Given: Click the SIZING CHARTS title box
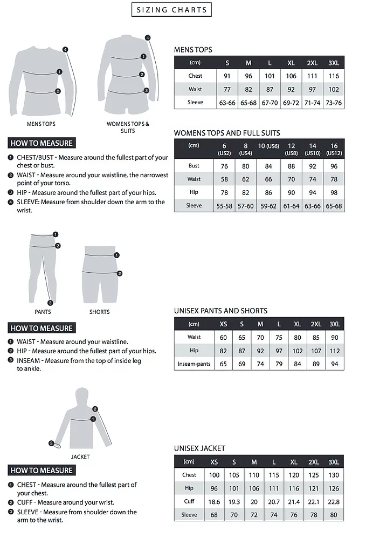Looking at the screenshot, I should pyautogui.click(x=171, y=10).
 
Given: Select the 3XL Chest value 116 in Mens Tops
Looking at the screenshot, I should pyautogui.click(x=334, y=76).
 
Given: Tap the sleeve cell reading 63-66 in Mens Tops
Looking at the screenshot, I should pyautogui.click(x=227, y=103).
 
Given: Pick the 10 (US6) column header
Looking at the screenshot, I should pyautogui.click(x=268, y=146).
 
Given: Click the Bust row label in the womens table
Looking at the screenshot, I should pyautogui.click(x=194, y=166).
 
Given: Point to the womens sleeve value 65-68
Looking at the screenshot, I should pyautogui.click(x=334, y=206).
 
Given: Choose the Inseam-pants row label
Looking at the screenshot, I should pyautogui.click(x=194, y=364).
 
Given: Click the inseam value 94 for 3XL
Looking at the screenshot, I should pyautogui.click(x=335, y=364).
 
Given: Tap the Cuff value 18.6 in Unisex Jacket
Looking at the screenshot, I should pyautogui.click(x=215, y=502).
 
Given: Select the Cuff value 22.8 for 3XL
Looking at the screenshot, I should pyautogui.click(x=334, y=502).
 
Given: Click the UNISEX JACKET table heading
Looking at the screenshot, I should pyautogui.click(x=199, y=448).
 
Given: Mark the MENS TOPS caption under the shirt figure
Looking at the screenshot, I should pyautogui.click(x=41, y=124).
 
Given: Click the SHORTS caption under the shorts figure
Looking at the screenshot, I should pyautogui.click(x=99, y=312).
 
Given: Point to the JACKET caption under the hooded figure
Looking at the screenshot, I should pyautogui.click(x=80, y=456).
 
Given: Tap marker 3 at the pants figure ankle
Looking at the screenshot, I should pyautogui.click(x=50, y=303).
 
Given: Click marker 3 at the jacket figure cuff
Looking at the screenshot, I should pyautogui.click(x=51, y=444).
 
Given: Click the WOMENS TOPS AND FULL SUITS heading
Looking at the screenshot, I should pyautogui.click(x=227, y=133).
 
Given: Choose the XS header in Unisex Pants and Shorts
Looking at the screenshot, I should pyautogui.click(x=223, y=324).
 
